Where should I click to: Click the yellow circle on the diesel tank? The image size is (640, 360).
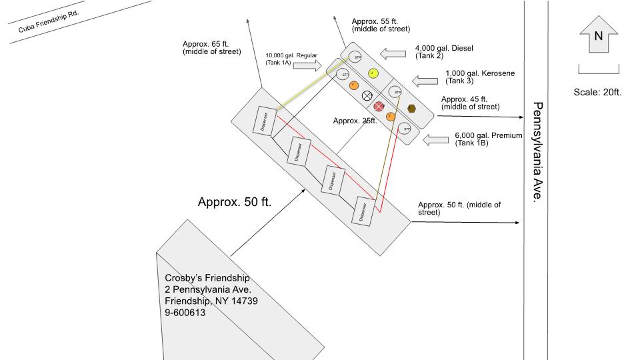pos(372,72)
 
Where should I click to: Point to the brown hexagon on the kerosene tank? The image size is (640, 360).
pos(412,108)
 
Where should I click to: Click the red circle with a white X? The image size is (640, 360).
pos(379,106)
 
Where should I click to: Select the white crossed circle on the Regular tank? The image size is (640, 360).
pos(367,95)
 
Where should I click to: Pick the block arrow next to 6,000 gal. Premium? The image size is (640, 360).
pos(437,140)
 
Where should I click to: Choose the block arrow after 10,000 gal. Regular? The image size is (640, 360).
pos(308,65)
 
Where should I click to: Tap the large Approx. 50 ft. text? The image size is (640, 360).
pos(234,202)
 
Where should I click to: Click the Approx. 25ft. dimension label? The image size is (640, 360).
pos(355,121)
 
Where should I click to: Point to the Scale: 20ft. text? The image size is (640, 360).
pos(597,92)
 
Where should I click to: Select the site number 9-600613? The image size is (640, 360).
pos(185,312)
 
